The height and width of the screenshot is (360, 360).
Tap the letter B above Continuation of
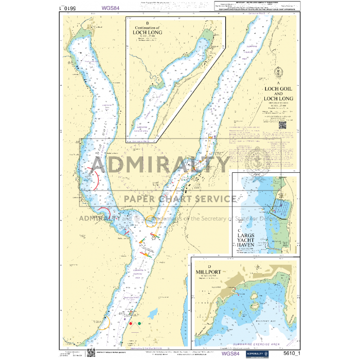(x=148, y=23)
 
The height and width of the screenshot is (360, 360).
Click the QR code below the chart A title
(x=282, y=124)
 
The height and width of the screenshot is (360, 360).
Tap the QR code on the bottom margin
(x=91, y=352)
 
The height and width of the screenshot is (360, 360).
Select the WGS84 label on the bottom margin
(x=229, y=353)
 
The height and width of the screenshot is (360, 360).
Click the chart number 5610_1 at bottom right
(x=293, y=353)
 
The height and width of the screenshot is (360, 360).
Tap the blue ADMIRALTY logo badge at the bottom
(x=258, y=353)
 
